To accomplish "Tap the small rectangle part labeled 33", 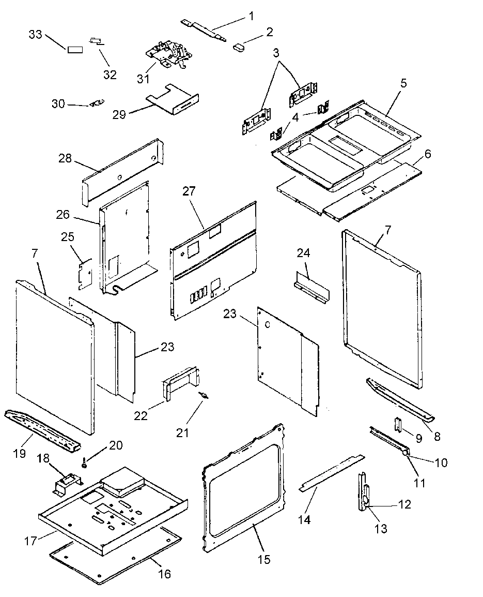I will pos(75,50).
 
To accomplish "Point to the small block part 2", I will pos(239,47).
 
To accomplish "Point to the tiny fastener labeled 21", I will pos(205,396).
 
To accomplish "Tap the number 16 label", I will pos(164,574).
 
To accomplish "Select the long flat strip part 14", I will pos(331,472).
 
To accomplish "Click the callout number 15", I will pos(264,560).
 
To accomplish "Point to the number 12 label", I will pos(405,504).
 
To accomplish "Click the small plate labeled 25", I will pos(84,274).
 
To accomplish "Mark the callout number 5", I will pos(403,83).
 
